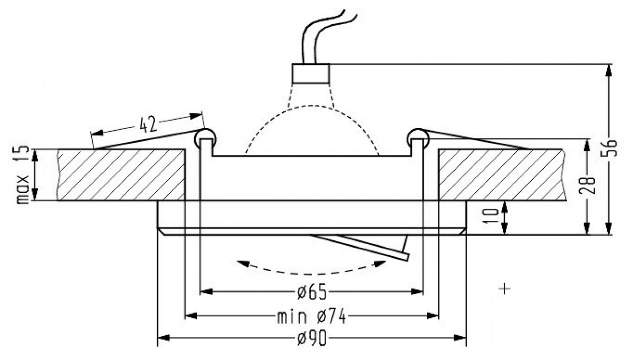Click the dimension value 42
148,124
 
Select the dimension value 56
610,148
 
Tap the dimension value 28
587,185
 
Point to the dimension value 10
491,216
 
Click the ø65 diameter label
312,292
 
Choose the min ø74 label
311,317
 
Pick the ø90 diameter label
312,338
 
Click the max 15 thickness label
22,174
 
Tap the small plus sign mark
504,288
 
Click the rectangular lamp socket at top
311,73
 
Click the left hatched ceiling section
121,174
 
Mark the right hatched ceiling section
502,174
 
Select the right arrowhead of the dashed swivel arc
379,264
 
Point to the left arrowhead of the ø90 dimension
164,338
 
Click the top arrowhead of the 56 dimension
609,70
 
